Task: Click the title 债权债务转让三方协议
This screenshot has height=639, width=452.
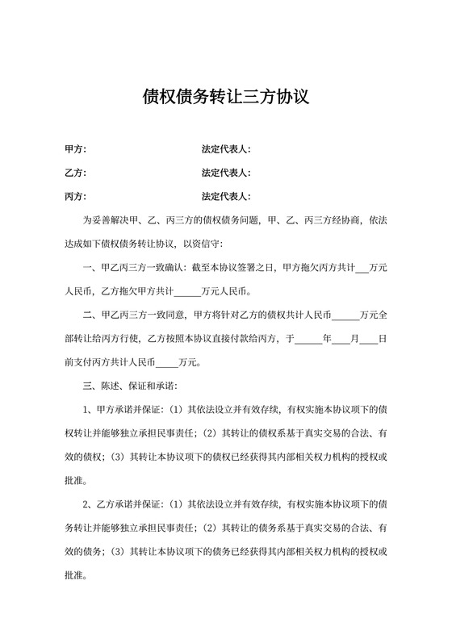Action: click(226, 98)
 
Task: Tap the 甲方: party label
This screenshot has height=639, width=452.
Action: click(75, 150)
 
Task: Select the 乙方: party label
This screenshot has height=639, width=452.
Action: click(75, 173)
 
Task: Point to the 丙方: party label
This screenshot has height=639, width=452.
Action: click(75, 197)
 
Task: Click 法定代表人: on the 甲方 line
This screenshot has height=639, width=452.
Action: click(227, 150)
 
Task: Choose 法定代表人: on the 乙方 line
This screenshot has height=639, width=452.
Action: click(227, 173)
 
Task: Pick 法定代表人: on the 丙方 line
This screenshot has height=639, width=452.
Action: click(227, 197)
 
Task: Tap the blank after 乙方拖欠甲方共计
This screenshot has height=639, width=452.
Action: click(186, 291)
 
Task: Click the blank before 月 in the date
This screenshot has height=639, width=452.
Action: click(341, 338)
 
